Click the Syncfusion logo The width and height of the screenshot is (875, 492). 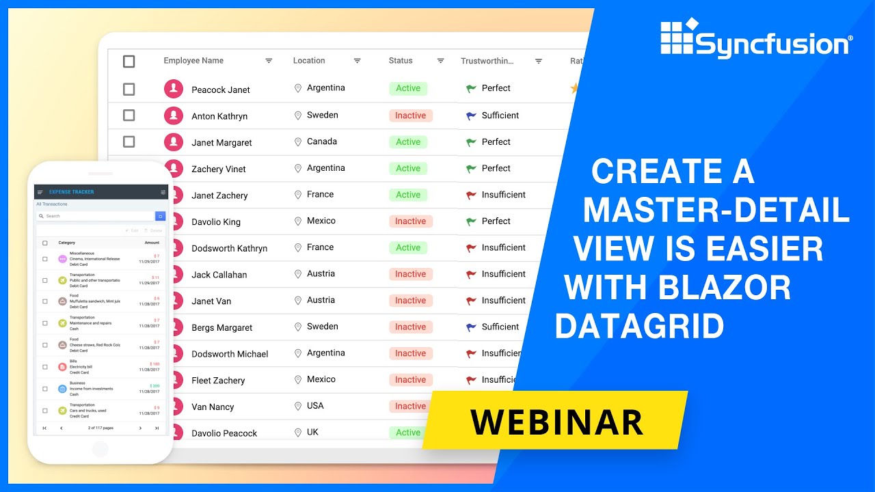(756, 39)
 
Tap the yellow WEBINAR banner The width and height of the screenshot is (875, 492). (556, 422)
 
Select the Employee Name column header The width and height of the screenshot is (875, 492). (193, 61)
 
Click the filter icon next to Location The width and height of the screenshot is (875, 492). (357, 61)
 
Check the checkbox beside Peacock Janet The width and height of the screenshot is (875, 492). (129, 89)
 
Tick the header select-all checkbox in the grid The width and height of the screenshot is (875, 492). (129, 61)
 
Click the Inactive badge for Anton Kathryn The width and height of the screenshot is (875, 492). (410, 115)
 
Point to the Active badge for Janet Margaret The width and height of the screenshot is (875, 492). (408, 142)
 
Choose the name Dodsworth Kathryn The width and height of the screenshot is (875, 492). (229, 248)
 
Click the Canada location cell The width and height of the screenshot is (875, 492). (321, 141)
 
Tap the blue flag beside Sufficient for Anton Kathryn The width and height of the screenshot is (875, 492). (471, 115)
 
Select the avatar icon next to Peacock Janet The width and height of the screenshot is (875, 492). (174, 89)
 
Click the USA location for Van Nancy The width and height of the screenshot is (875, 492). (315, 406)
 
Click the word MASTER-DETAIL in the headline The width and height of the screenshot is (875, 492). (716, 209)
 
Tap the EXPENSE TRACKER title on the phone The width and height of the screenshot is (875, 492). (72, 192)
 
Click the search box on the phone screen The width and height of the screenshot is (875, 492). (96, 216)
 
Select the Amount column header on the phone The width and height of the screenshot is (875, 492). (152, 243)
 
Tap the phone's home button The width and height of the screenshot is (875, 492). (100, 448)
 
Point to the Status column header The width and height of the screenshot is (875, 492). (401, 61)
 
